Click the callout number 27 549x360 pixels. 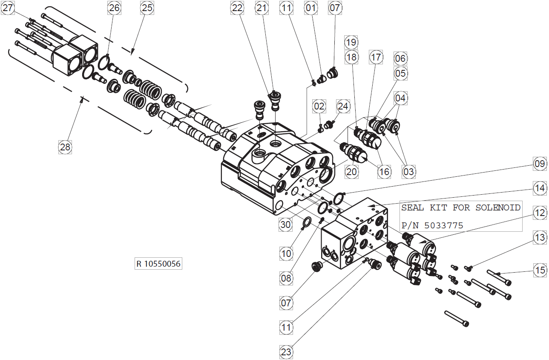[8, 8]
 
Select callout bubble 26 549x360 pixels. [114, 8]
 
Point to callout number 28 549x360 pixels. [65, 147]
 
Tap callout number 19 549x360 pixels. [351, 42]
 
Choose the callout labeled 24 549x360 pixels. [343, 105]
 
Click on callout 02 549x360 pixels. [319, 105]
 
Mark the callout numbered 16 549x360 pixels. [384, 172]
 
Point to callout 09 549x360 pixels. [540, 164]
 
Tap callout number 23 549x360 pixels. [286, 352]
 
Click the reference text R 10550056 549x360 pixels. [158, 264]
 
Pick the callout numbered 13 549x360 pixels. [540, 237]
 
